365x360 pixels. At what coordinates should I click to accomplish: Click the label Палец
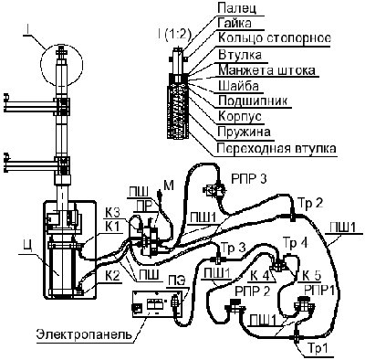[x=237, y=7]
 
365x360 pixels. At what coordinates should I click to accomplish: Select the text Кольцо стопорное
[x=275, y=38]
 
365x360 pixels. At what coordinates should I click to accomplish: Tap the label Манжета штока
[x=266, y=70]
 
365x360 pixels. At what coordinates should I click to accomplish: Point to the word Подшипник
[x=253, y=101]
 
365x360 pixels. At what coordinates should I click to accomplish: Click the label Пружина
[x=244, y=132]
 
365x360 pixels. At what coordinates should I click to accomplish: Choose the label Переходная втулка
[x=276, y=149]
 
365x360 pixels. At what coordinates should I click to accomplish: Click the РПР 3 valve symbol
[x=215, y=189]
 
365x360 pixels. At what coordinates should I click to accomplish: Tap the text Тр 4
[x=296, y=243]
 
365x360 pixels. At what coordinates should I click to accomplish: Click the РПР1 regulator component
[x=303, y=307]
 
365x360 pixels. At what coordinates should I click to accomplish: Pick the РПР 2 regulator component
[x=235, y=305]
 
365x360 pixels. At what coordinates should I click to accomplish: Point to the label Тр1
[x=318, y=350]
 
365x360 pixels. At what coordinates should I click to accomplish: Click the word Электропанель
[x=85, y=334]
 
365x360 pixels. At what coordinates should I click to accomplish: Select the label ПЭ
[x=174, y=281]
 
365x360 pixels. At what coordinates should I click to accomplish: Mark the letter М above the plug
[x=169, y=185]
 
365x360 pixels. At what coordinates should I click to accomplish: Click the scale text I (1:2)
[x=174, y=35]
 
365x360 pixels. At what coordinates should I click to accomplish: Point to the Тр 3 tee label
[x=234, y=247]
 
